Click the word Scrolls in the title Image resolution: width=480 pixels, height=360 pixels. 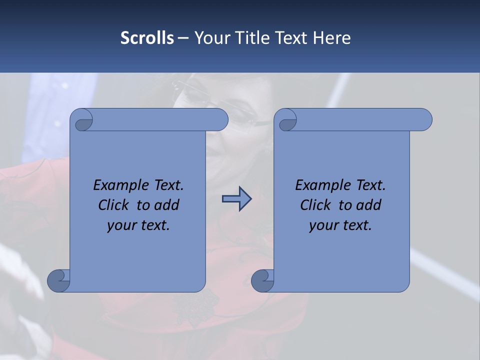coord(147,38)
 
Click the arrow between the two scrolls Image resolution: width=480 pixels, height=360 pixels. coord(236,198)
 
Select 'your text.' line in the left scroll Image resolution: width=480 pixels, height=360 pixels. coord(138,225)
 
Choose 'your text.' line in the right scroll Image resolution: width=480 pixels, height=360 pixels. coord(340,225)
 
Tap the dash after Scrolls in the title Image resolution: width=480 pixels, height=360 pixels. coord(183,38)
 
